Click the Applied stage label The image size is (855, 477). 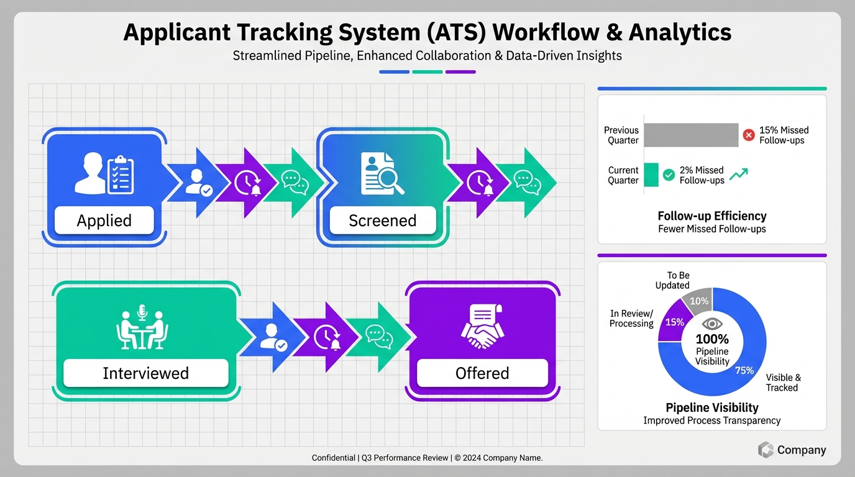(x=104, y=220)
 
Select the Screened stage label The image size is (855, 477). (x=382, y=220)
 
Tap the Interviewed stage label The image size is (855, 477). (x=145, y=373)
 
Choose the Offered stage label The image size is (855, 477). (x=482, y=373)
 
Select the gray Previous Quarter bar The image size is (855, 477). (x=691, y=135)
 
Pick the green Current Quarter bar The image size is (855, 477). (x=651, y=175)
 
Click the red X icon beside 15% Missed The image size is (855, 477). (x=749, y=134)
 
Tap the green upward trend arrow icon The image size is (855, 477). (x=738, y=175)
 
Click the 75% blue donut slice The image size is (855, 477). (x=746, y=366)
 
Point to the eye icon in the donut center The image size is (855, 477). (x=712, y=324)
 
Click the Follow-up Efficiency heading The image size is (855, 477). (x=712, y=216)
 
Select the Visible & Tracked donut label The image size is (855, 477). (x=783, y=383)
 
